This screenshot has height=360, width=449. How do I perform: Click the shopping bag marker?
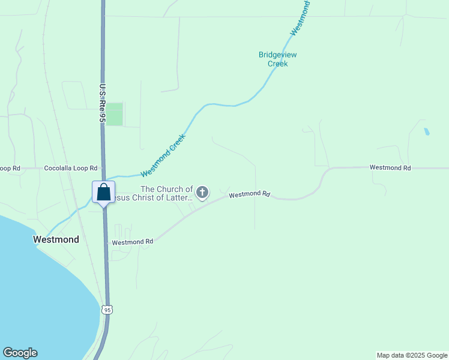pos(103,193)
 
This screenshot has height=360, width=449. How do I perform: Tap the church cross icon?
pos(203,193)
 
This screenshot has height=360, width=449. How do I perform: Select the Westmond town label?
pos(56,239)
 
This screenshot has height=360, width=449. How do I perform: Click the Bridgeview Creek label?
pos(277,59)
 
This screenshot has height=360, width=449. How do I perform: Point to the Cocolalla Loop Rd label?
pos(71,169)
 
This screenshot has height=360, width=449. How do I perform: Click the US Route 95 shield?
pos(106,310)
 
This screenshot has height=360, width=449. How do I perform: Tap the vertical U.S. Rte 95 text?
pos(103,103)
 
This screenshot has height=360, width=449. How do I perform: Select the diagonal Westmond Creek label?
pos(163,155)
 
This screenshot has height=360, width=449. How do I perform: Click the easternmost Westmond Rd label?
pos(390,168)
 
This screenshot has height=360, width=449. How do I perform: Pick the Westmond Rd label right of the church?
pos(250,194)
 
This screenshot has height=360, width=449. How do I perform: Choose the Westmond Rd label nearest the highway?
pos(133,242)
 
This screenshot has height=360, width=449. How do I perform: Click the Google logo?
pos(20,353)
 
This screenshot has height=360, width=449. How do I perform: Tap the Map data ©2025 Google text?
pos(412,355)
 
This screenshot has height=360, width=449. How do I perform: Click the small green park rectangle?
pos(114,114)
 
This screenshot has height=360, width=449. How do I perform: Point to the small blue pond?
pos(427,131)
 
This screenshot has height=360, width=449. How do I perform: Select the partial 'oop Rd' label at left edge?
pos(10,169)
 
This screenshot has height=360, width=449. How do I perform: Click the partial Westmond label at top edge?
pos(300,18)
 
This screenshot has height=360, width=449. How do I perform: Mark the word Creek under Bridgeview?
pos(277,64)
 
